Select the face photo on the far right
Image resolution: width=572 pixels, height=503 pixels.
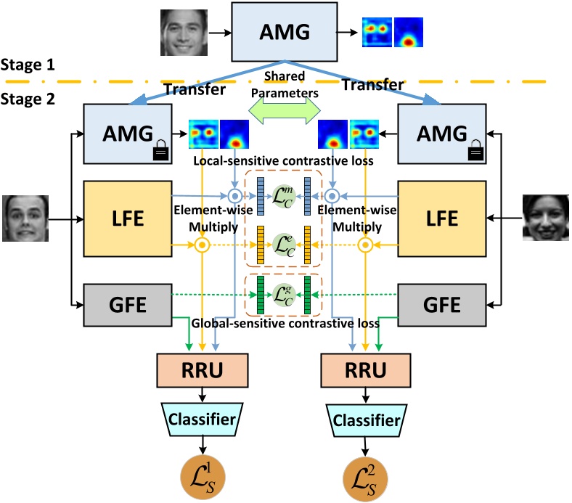tap(546, 218)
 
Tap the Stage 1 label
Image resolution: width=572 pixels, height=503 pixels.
tap(28, 64)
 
